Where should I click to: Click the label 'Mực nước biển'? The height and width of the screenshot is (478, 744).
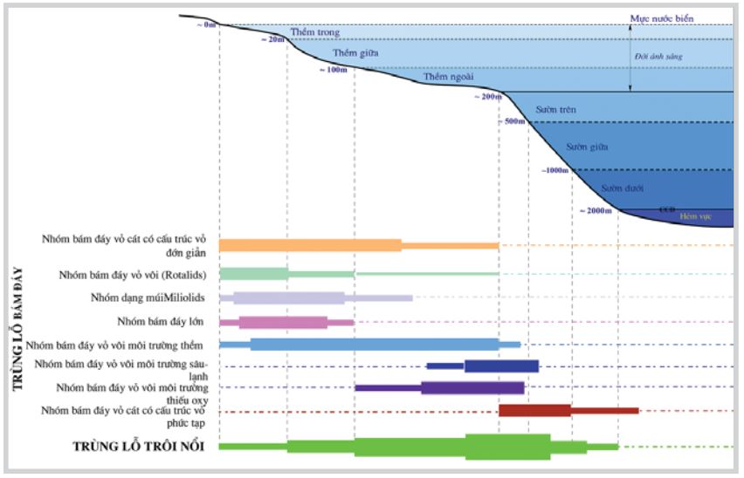(x=662, y=17)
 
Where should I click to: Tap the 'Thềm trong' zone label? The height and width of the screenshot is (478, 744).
(x=314, y=32)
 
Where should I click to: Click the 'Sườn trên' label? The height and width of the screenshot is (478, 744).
(x=554, y=111)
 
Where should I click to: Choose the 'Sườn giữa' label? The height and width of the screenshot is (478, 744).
(x=586, y=147)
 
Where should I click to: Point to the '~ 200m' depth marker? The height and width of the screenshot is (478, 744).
(x=489, y=96)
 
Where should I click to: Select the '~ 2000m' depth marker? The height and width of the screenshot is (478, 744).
(x=596, y=211)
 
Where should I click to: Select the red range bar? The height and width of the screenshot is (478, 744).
(x=568, y=410)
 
